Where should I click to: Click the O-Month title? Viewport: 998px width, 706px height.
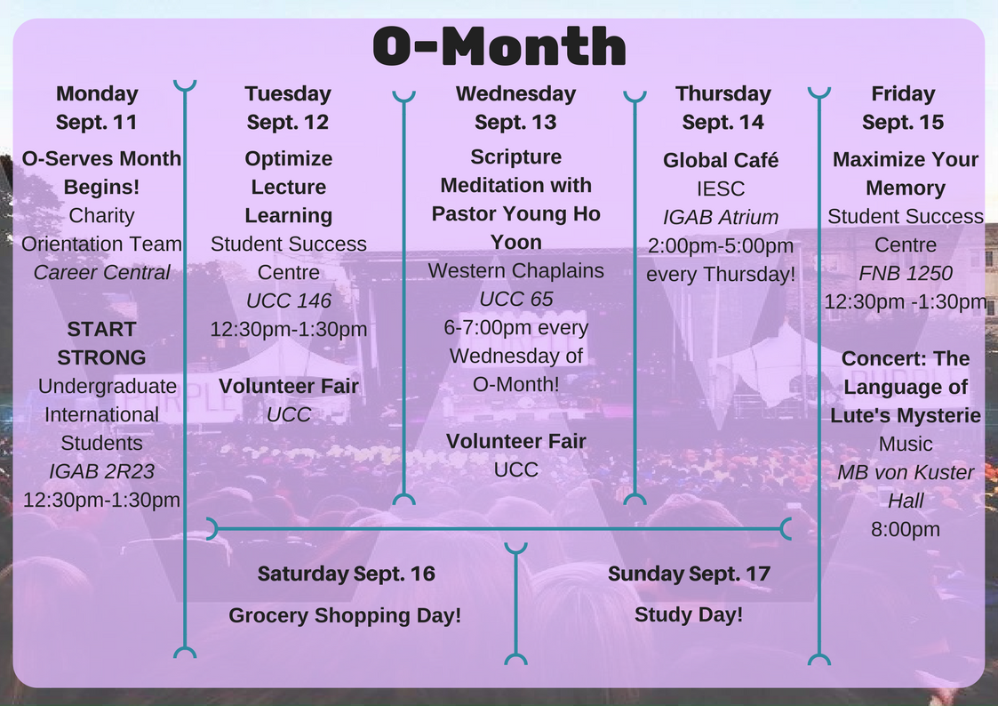pos(499,46)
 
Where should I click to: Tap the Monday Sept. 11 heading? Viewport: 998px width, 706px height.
pos(97,108)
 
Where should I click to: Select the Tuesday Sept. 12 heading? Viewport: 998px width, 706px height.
pos(288,108)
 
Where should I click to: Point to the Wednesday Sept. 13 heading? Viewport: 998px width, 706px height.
pos(515,108)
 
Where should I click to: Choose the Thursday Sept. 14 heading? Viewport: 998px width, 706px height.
pos(723,108)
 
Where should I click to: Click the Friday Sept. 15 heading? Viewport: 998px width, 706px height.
pos(903,108)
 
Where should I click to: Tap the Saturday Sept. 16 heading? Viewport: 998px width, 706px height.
pos(347,574)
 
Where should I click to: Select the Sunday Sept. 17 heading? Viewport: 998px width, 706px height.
pos(690,574)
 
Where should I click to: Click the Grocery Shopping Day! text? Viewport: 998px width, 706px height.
pos(345,615)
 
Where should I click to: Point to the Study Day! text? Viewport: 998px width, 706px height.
pos(689,615)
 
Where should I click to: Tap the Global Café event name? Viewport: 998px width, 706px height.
pos(721,160)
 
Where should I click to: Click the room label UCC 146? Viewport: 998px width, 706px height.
pos(288,301)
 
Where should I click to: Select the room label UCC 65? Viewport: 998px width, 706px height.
pos(516,299)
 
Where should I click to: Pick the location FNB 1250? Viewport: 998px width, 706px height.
pos(905,273)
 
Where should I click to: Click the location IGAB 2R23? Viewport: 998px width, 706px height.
pos(102,471)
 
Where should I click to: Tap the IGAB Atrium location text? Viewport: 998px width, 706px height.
pos(721,217)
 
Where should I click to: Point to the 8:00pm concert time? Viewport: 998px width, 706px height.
pos(905,529)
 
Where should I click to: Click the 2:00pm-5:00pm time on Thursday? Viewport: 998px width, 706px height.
pos(721,245)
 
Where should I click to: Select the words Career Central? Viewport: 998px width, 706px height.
pos(102,272)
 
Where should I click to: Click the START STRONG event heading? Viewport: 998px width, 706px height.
pos(102,343)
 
